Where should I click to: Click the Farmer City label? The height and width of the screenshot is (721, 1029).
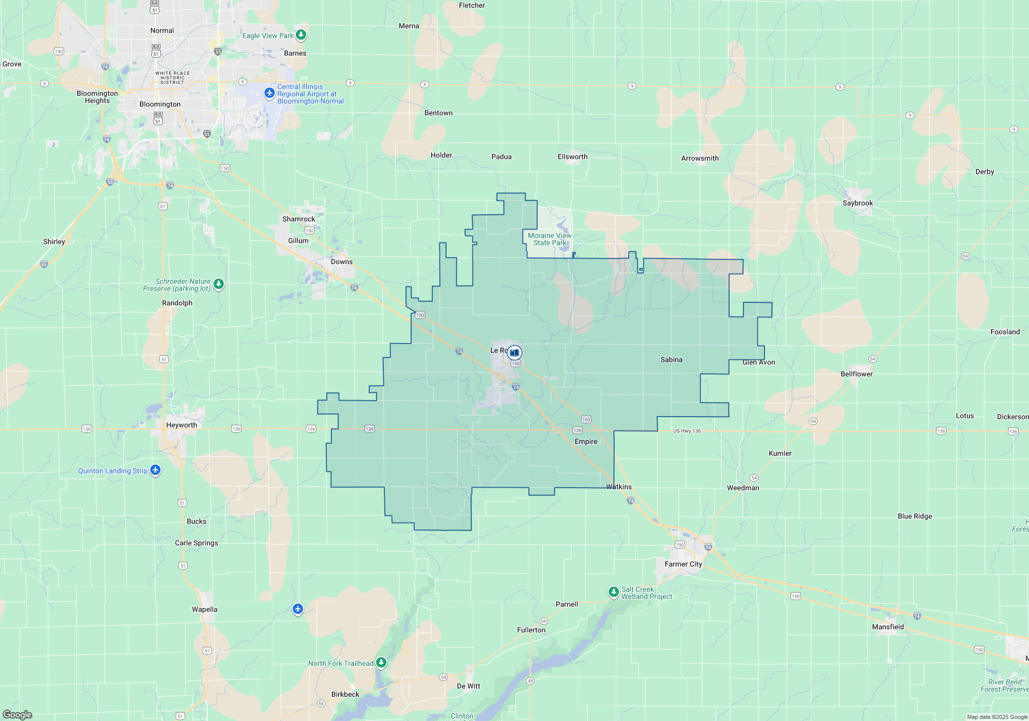click(x=683, y=564)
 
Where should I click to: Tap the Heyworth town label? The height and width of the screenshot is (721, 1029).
click(x=181, y=425)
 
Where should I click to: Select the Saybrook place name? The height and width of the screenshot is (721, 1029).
click(x=857, y=203)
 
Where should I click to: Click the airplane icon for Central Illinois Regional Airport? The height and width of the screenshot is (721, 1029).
click(x=269, y=93)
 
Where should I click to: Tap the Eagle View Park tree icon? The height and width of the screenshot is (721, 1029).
click(x=301, y=35)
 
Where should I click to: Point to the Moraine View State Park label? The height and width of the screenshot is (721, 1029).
click(x=549, y=239)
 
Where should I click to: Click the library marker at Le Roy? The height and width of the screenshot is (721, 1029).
click(x=514, y=353)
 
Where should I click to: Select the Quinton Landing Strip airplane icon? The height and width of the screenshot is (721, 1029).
click(x=155, y=470)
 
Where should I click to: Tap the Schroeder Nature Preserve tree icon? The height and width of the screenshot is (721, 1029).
click(x=219, y=284)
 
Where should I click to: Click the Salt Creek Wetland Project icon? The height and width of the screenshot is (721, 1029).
click(x=613, y=592)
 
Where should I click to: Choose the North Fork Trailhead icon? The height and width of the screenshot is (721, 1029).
click(x=381, y=663)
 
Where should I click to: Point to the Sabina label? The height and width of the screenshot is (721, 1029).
click(x=671, y=359)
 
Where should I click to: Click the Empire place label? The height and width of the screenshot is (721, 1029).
click(x=586, y=441)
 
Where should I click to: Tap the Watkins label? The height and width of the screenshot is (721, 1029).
click(x=619, y=487)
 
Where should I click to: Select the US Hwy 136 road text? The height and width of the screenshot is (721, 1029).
click(x=687, y=431)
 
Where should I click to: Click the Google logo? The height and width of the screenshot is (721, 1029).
click(x=17, y=714)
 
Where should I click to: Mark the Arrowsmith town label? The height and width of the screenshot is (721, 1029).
click(x=700, y=158)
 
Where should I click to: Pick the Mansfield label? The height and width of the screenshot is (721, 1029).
click(x=888, y=627)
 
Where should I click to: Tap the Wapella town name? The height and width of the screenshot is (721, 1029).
click(x=204, y=609)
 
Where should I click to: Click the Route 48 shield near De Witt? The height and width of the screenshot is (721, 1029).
click(x=530, y=681)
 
